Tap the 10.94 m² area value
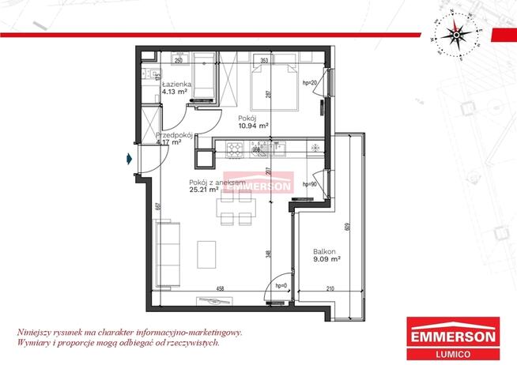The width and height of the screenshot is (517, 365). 252,125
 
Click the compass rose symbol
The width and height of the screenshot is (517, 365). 455,33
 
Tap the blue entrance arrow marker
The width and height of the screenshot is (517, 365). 129,159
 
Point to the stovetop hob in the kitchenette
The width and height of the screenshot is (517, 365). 235,146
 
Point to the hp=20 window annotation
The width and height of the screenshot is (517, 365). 310,83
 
